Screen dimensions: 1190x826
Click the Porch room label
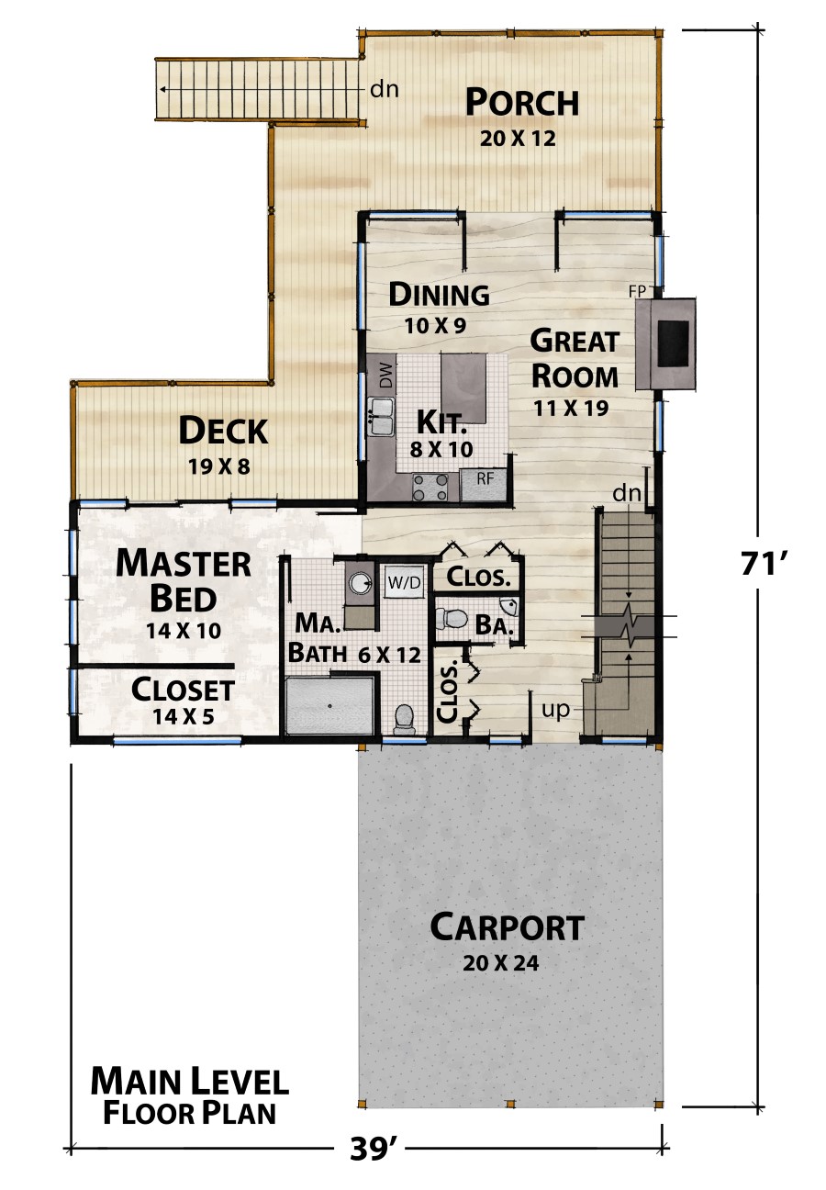tap(521, 102)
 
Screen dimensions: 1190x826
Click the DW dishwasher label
tap(385, 375)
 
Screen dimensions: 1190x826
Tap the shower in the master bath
tap(329, 705)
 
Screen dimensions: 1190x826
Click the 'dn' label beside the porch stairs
tap(384, 89)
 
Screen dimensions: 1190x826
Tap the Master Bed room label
tap(183, 580)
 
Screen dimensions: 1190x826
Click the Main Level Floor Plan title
tap(189, 1096)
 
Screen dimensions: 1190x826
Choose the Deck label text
tap(223, 430)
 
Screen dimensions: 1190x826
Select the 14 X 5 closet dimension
tap(183, 716)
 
